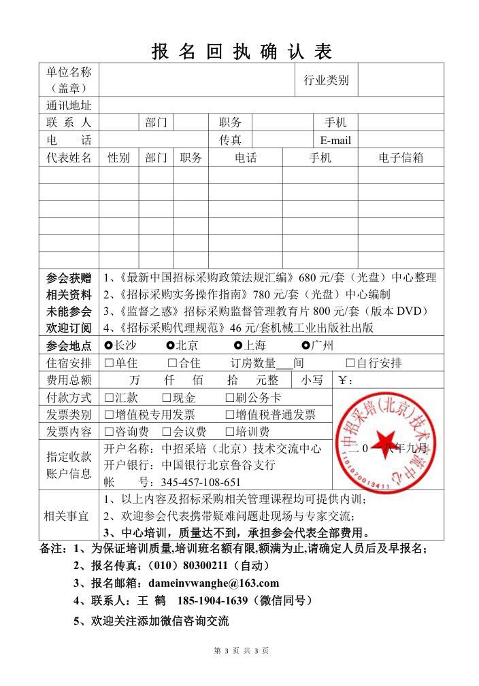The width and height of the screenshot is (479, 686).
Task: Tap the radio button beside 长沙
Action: pos(110,345)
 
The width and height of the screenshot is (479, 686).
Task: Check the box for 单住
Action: pos(109,363)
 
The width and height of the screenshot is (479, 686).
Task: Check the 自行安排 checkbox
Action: pos(350,363)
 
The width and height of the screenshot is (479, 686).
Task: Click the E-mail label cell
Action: pos(335,141)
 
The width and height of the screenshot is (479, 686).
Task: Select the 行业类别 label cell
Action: pos(326,80)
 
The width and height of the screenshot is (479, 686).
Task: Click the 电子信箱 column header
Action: pos(401,158)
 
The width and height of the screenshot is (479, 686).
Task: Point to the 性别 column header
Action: pos(119,158)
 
